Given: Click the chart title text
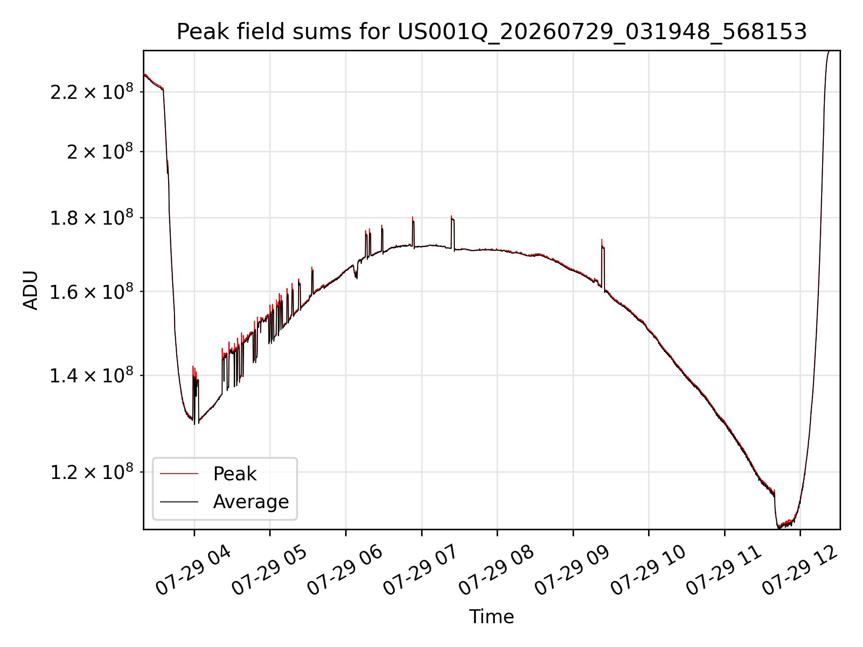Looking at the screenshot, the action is pos(492,32).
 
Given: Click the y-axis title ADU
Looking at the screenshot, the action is pos(31,290).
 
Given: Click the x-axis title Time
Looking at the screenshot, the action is pos(491,616).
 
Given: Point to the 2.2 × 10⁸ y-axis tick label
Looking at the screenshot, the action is pos(92,92).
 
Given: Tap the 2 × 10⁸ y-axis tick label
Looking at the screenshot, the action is pos(100,151).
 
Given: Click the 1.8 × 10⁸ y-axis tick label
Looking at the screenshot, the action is pos(92,218).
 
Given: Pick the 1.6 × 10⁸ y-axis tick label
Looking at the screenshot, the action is pos(92,292).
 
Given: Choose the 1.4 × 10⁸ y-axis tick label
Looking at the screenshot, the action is pos(92,375).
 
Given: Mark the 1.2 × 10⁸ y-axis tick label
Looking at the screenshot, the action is pos(92,472).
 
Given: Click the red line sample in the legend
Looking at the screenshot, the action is pos(179,474).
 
